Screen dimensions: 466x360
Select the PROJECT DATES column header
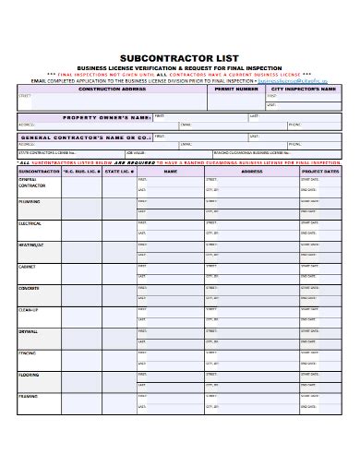[x=319, y=171]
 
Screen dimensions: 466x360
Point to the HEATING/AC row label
[x=31, y=246]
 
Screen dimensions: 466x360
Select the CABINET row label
[x=28, y=267]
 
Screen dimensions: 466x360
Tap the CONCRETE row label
[x=30, y=288]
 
